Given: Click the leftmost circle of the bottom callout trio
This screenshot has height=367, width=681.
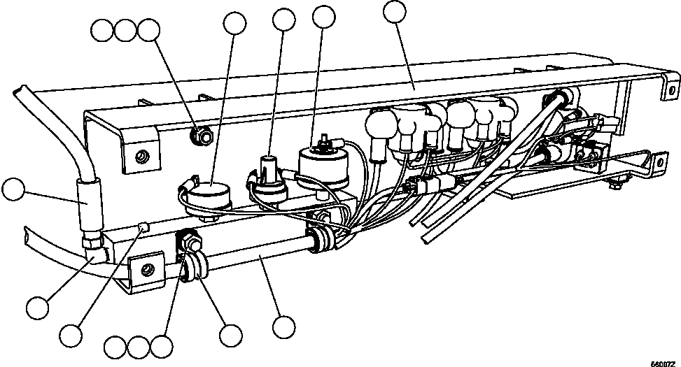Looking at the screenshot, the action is point(115,345).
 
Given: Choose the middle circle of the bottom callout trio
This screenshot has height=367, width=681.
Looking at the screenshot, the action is point(139,345).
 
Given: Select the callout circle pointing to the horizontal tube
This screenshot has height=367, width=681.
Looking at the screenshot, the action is point(283,326).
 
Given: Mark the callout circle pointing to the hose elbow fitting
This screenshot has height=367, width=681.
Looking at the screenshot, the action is point(37,306).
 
